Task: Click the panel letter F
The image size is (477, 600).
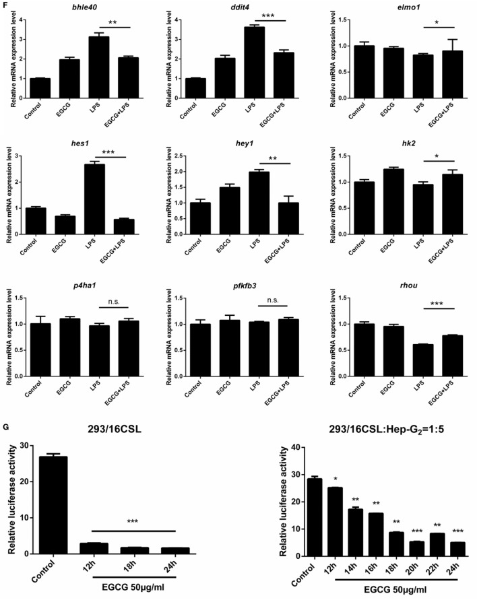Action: [x=7, y=5]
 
